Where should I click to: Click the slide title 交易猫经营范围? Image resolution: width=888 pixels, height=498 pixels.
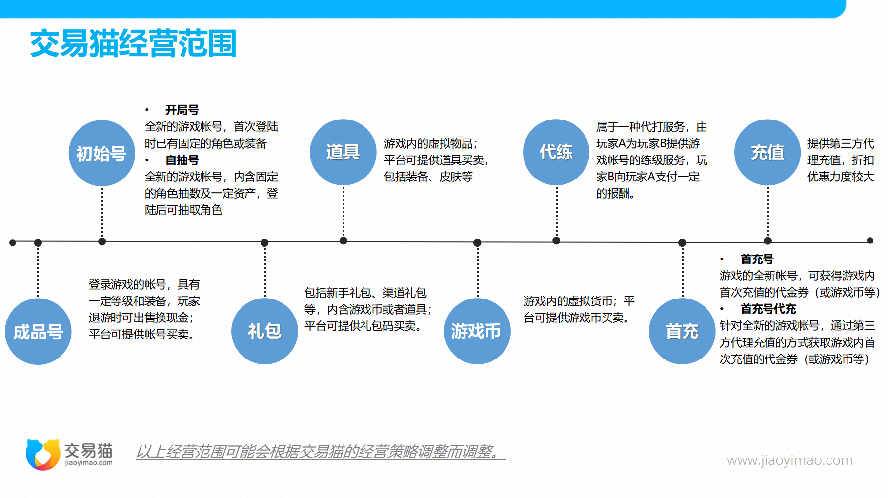point(133,43)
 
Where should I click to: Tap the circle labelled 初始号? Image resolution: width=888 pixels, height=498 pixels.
point(102,153)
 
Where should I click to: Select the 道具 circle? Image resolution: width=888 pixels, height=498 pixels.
point(343,152)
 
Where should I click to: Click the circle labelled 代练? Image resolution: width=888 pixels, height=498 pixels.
point(556,152)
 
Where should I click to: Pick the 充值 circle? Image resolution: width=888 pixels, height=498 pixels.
point(767,152)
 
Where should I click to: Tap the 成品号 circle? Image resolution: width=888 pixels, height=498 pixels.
point(38,332)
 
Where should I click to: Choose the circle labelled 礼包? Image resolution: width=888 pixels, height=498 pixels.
point(264,331)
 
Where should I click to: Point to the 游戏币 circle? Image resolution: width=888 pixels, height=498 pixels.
point(477,331)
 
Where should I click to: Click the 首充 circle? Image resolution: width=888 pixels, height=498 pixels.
point(682,331)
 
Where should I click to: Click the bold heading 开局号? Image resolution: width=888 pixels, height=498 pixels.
point(182,110)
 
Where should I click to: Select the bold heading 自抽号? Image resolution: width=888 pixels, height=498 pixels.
point(182,160)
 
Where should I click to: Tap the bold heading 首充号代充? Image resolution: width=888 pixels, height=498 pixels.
point(768,309)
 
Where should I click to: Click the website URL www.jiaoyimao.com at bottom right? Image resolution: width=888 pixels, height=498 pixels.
point(789,460)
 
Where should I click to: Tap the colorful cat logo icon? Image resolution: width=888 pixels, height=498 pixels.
point(43,455)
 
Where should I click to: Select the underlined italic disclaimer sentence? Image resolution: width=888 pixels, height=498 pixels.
point(320,452)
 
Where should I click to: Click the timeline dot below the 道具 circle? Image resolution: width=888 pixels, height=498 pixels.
point(343,240)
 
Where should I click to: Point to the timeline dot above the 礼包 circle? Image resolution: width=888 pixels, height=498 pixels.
point(264,243)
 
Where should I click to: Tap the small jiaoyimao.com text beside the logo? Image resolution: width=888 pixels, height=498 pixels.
point(89,463)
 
